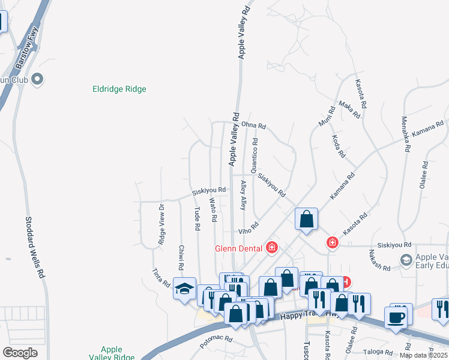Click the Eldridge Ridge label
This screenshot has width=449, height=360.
tap(119, 89)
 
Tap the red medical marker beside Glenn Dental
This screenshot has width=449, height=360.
tap(272, 247)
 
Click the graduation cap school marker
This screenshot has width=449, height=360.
tap(184, 289)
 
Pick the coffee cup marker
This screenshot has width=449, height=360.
tap(396, 317)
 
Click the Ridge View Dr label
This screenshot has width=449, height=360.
tap(161, 224)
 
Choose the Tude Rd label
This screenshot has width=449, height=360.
tap(197, 219)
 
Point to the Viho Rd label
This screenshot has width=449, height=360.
tap(249, 229)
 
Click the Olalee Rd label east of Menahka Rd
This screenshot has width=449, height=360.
tap(425, 175)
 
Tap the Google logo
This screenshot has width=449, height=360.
tap(20, 353)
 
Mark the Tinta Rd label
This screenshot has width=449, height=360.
tap(161, 277)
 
